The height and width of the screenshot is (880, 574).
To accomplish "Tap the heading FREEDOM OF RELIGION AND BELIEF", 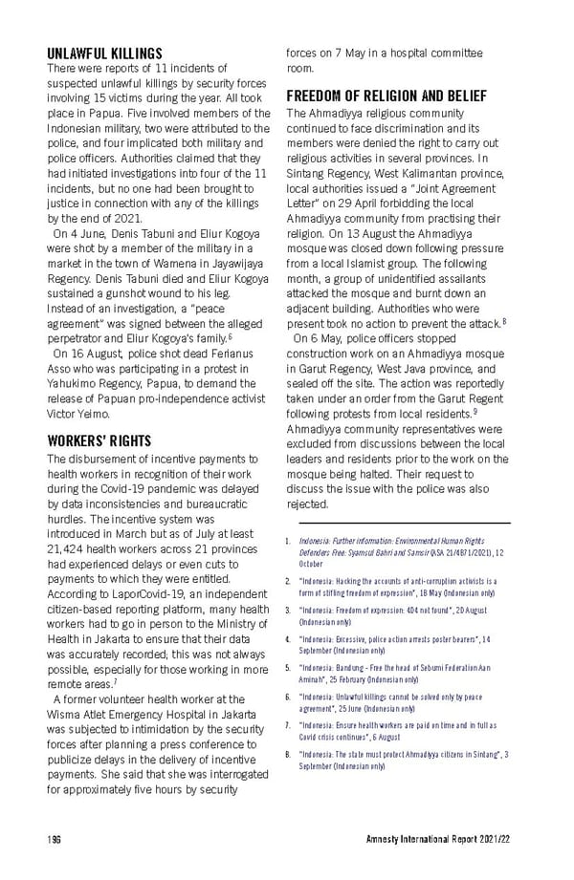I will point(386,97).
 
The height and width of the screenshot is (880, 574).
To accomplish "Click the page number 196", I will point(55,839).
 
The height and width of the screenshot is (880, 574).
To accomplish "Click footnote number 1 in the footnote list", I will point(288,542).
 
